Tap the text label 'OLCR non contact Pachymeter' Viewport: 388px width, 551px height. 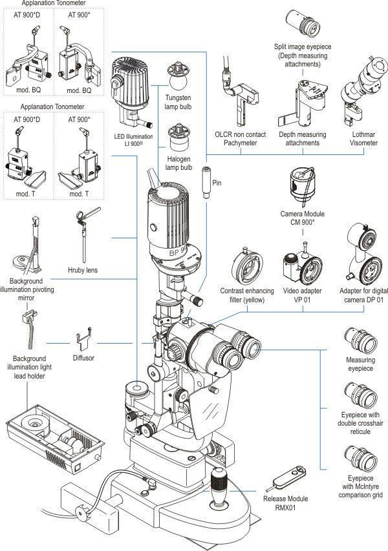236,138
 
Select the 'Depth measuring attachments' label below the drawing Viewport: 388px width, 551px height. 303,138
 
